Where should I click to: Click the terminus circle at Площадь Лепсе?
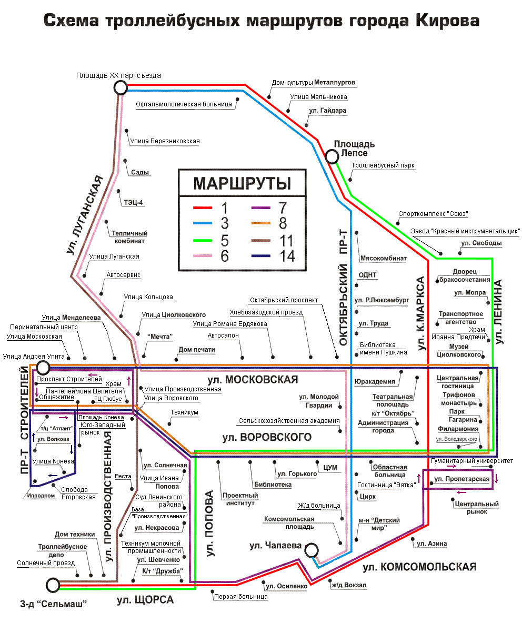pos(332,156)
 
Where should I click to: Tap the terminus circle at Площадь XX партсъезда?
pos(121,87)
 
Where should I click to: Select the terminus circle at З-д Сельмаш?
pos(53,585)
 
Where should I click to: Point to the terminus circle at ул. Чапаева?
pos(312,550)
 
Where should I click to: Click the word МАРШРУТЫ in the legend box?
pos(242,184)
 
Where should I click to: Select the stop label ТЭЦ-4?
pos(134,202)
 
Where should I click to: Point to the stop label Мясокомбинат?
pos(384,259)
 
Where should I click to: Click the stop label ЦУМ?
pos(330,468)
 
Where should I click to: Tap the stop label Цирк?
pos(367,496)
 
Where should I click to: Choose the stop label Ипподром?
pos(41,496)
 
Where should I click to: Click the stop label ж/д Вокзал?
pos(348,585)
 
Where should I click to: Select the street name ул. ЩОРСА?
pos(145,600)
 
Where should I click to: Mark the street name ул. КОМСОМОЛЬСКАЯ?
pos(419,567)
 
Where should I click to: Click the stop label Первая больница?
pos(240,597)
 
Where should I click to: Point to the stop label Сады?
pos(140,173)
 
